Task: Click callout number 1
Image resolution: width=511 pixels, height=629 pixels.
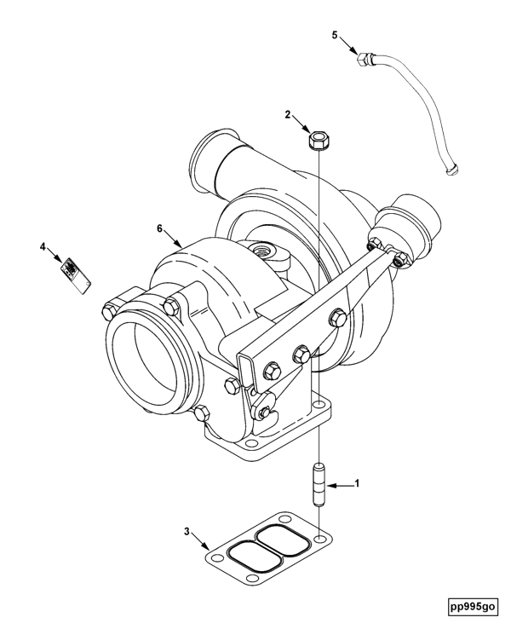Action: pos(358,484)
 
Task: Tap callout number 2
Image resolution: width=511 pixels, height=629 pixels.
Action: pos(289,114)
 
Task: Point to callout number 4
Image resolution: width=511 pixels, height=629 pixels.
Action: pos(43,246)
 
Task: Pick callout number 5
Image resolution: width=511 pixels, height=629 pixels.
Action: pos(335,35)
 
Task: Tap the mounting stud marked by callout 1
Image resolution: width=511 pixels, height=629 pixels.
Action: pos(319,485)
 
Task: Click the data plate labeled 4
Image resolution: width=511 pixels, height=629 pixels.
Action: pos(73,274)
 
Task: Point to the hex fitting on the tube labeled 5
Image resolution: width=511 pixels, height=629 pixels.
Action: pos(364,59)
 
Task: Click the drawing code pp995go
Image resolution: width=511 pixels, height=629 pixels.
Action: pos(473,607)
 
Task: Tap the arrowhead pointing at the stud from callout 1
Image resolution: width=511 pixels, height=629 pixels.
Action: pos(332,485)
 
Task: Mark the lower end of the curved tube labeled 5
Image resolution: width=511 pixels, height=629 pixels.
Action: pos(451,170)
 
